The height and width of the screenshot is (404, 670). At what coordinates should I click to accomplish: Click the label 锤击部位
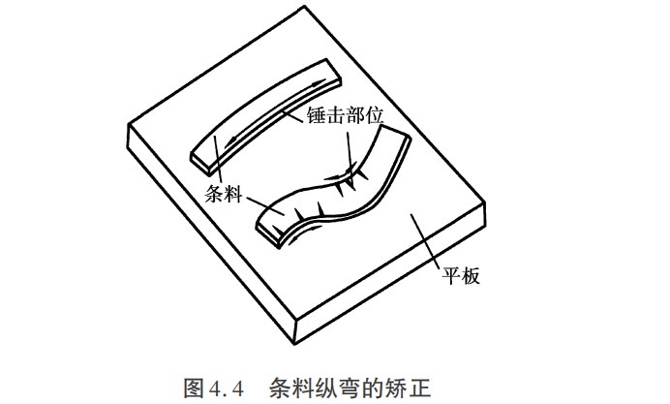pyautogui.click(x=345, y=115)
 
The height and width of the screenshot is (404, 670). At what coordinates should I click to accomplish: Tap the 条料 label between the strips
pyautogui.click(x=224, y=194)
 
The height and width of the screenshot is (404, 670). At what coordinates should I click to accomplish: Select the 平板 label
pyautogui.click(x=461, y=276)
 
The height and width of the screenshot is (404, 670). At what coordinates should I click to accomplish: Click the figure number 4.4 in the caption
pyautogui.click(x=227, y=388)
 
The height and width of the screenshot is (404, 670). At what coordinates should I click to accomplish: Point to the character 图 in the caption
pyautogui.click(x=194, y=388)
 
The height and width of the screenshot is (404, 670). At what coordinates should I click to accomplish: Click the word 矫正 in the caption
pyautogui.click(x=410, y=388)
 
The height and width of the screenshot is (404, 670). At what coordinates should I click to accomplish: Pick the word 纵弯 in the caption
pyautogui.click(x=329, y=388)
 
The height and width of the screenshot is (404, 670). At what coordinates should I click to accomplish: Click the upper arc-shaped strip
pyautogui.click(x=265, y=116)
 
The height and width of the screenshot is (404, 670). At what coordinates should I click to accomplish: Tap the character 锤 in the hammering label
pyautogui.click(x=316, y=115)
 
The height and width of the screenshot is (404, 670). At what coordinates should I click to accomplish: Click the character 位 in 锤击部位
pyautogui.click(x=374, y=115)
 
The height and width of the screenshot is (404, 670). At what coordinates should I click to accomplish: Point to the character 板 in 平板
pyautogui.click(x=471, y=276)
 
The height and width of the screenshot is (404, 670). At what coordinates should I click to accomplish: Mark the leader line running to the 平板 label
pyautogui.click(x=426, y=241)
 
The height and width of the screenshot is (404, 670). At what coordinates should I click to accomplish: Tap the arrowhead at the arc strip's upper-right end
pyautogui.click(x=318, y=83)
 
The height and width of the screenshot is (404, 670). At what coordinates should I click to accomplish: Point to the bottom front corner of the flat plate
pyautogui.click(x=295, y=344)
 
